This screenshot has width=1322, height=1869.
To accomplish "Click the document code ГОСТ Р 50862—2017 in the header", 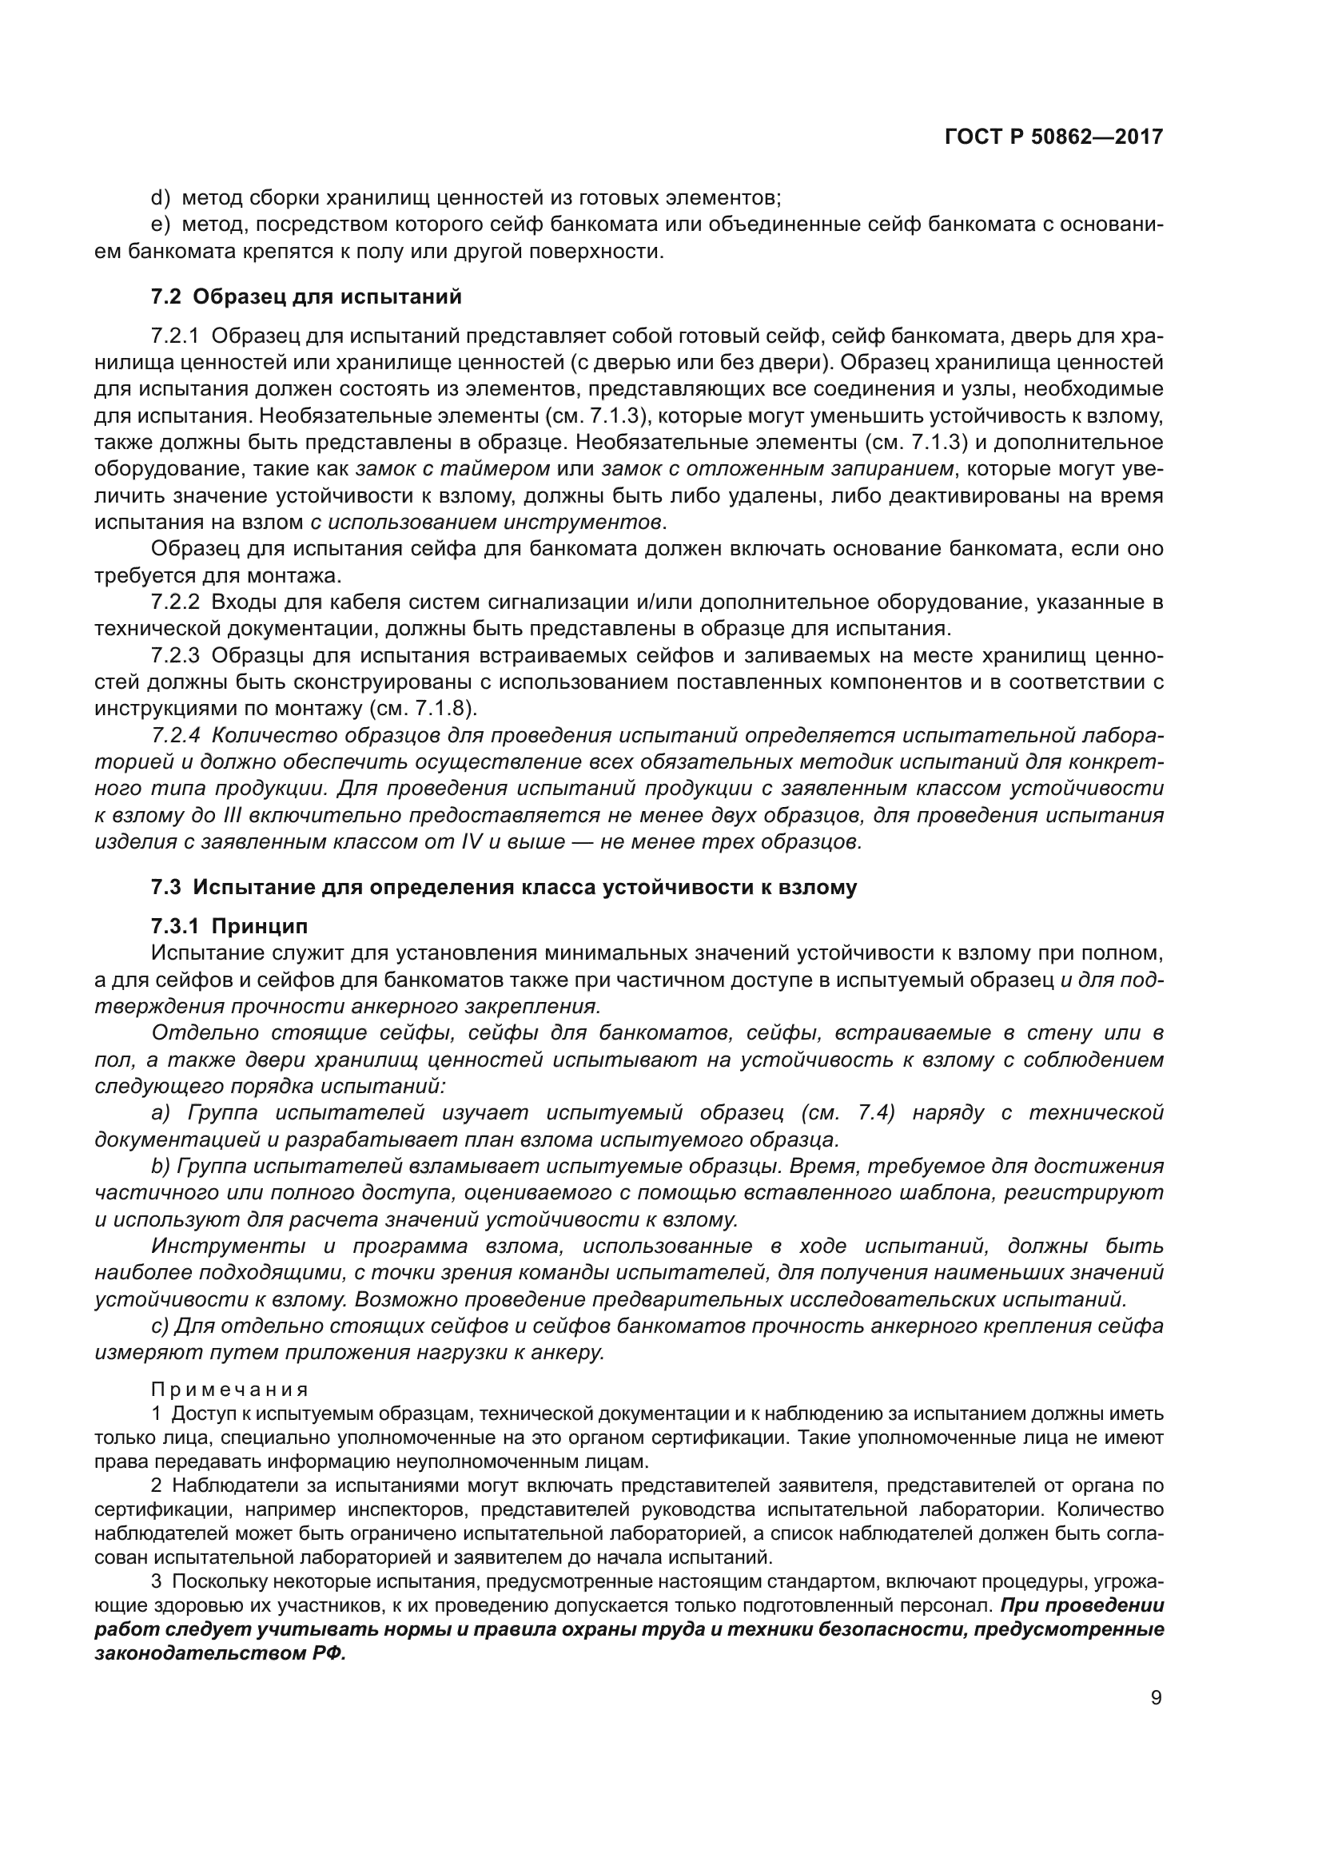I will coord(1053,137).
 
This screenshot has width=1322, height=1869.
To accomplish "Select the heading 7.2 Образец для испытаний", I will coord(306,296).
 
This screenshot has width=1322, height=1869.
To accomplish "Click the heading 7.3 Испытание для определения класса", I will coord(504,887).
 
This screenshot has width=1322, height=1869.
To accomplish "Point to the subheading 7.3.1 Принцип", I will coord(229,926).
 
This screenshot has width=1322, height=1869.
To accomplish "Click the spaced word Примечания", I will coord(230,1389).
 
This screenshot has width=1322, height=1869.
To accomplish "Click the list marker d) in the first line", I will coord(160,198).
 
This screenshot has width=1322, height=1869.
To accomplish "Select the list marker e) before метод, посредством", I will coord(160,225).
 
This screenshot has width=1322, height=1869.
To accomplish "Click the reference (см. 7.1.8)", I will coord(423,707).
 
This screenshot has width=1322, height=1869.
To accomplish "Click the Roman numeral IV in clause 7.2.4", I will coord(472,841).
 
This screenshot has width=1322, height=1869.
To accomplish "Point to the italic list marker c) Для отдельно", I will coord(160,1325).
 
